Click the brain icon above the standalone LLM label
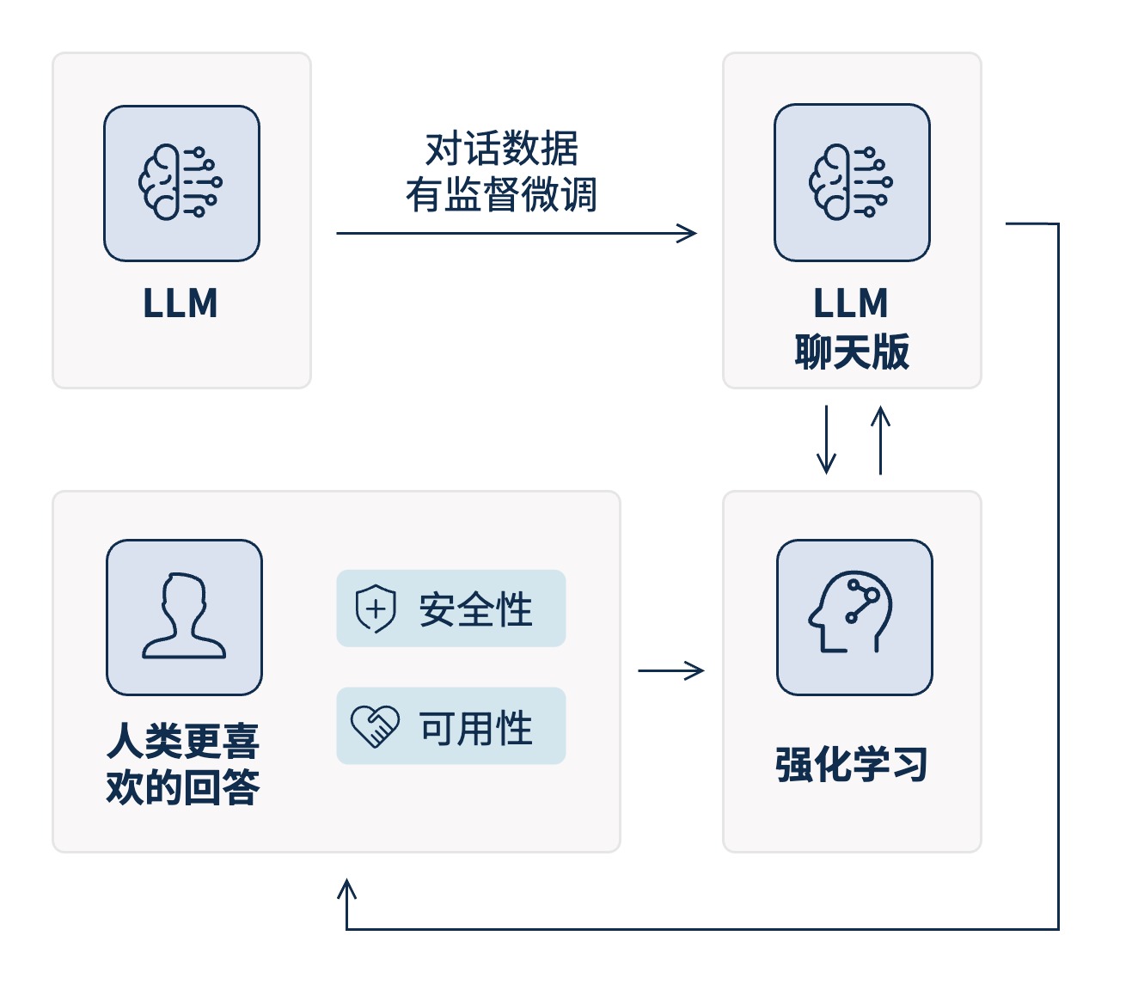[x=181, y=183]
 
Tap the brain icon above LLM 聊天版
[x=852, y=182]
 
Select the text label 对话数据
[x=502, y=149]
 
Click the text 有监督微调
[x=502, y=194]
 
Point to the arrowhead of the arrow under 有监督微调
[x=688, y=233]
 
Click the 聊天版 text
[x=852, y=352]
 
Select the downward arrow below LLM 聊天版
[x=826, y=440]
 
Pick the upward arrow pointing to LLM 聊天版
[x=880, y=440]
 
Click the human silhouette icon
[x=184, y=616]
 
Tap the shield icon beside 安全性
[x=376, y=609]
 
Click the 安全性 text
[x=475, y=609]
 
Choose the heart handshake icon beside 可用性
[x=376, y=727]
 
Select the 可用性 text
[x=475, y=728]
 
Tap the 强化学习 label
[x=852, y=764]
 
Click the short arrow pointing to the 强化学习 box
[x=671, y=670]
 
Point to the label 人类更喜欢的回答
[x=183, y=763]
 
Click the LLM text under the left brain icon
[x=181, y=304]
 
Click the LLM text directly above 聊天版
[x=851, y=304]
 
